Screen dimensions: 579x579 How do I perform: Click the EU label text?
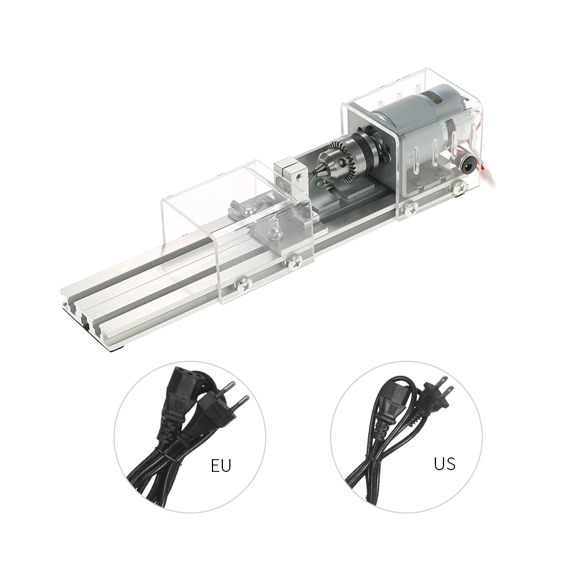tap(221, 466)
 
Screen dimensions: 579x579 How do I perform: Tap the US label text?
tap(444, 463)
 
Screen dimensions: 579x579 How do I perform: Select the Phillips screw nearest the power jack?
tap(460, 186)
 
